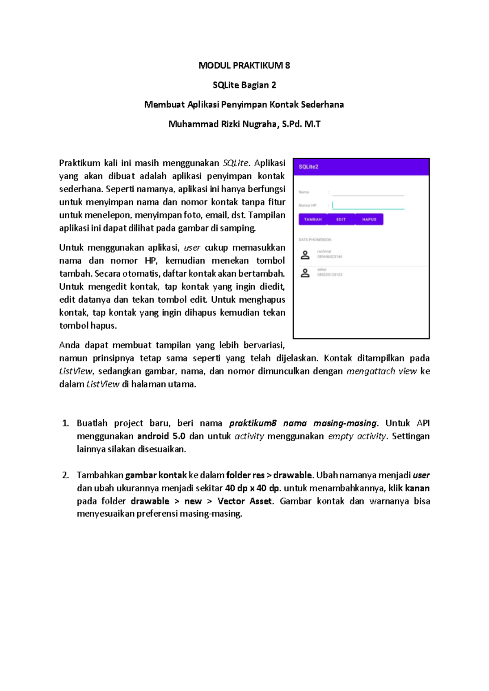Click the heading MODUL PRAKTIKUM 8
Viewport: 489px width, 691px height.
[244, 66]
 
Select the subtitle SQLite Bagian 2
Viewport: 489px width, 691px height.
[244, 85]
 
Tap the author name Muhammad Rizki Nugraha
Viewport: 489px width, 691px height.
[222, 124]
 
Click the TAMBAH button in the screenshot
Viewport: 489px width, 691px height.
[313, 219]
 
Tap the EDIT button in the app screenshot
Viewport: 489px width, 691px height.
[341, 219]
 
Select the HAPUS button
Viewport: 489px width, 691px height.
[369, 219]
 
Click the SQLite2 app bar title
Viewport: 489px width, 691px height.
[308, 167]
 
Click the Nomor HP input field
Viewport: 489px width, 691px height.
[368, 205]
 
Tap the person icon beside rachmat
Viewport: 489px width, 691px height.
[305, 255]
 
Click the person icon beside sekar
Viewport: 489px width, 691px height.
[305, 273]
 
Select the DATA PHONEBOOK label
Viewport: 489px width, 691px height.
[315, 240]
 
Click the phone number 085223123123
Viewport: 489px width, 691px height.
[330, 275]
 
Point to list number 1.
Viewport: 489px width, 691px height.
[65, 423]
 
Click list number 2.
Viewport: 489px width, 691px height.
[65, 475]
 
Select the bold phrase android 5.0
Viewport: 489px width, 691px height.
[161, 436]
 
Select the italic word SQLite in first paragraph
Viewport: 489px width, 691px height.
[236, 163]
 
